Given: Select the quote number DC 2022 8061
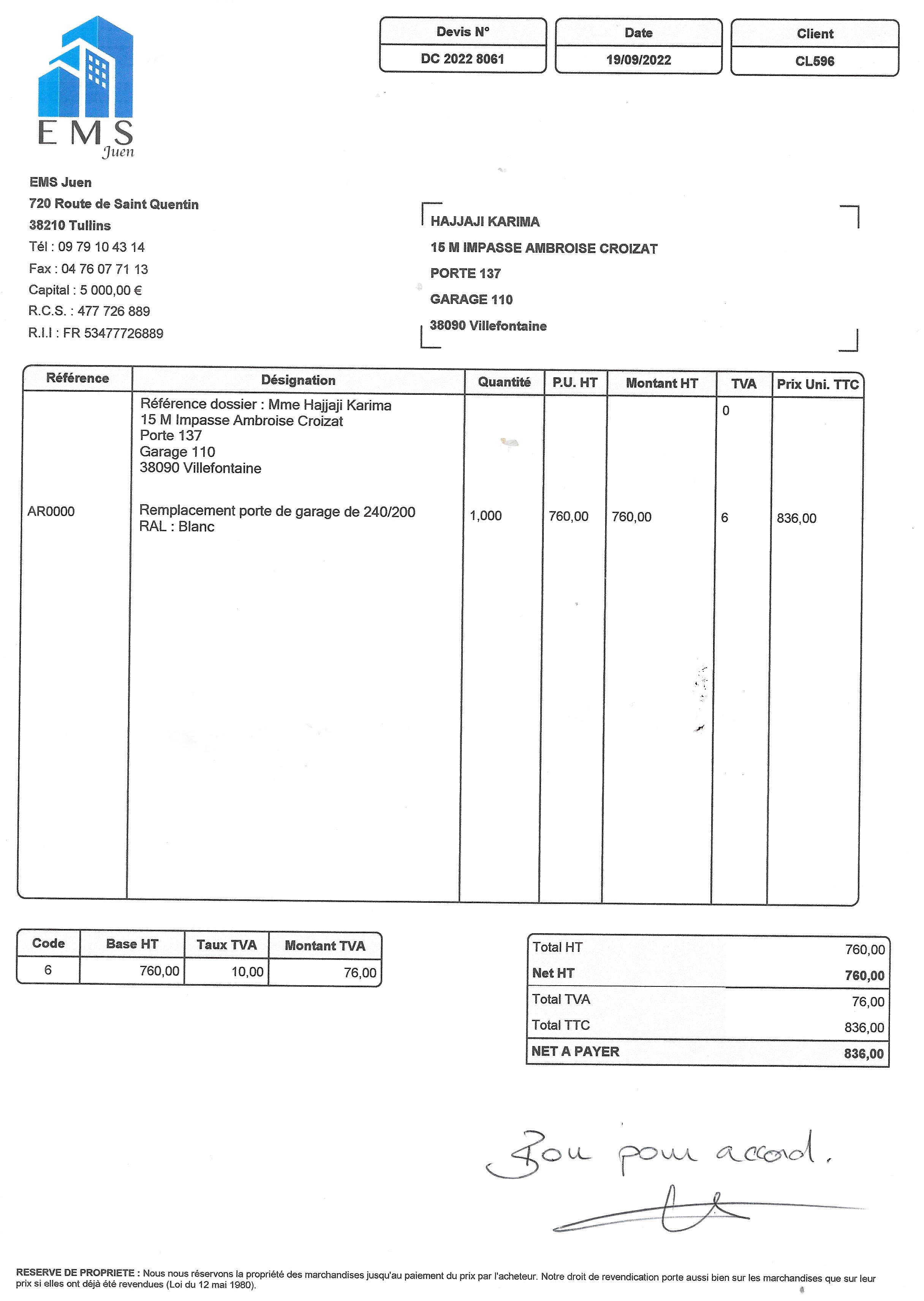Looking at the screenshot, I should click(x=462, y=59).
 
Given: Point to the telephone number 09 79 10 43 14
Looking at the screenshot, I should click(x=101, y=247).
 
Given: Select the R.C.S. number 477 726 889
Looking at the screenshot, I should click(x=114, y=311).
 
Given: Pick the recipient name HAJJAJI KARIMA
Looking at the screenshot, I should click(x=485, y=222).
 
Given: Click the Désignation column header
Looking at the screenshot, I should click(x=298, y=380).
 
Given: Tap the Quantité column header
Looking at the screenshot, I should click(x=504, y=382).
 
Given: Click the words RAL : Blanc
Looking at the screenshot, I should click(x=177, y=527).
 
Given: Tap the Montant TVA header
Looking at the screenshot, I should click(x=325, y=945).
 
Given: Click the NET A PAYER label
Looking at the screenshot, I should click(x=575, y=1051).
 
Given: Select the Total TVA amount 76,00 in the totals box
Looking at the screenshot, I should click(x=868, y=1002).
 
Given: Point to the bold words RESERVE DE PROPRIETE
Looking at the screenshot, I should click(x=75, y=1273).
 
